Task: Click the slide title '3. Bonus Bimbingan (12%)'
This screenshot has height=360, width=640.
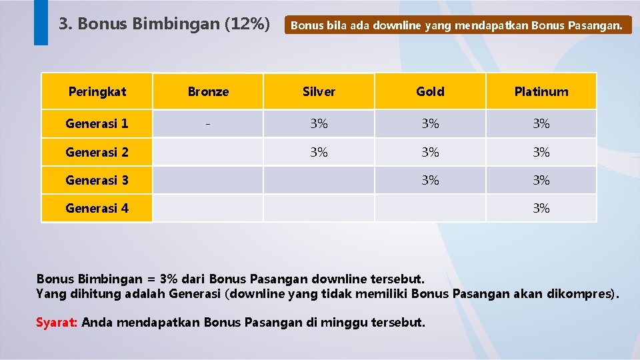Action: (x=164, y=25)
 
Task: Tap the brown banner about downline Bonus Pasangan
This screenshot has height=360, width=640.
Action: (x=457, y=26)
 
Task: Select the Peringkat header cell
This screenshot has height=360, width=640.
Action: (x=97, y=91)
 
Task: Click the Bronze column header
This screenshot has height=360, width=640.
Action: (x=208, y=91)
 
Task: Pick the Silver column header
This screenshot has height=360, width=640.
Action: (x=319, y=91)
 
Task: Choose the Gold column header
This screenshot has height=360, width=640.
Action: (x=430, y=91)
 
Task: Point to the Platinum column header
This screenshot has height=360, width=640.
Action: (x=541, y=91)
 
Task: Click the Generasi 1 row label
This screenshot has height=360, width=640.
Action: (x=97, y=123)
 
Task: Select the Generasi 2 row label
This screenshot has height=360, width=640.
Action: (x=97, y=152)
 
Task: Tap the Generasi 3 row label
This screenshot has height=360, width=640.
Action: (x=97, y=180)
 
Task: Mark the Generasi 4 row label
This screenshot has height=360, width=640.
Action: (x=97, y=208)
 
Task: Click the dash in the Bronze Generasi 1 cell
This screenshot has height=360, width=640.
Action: (x=208, y=123)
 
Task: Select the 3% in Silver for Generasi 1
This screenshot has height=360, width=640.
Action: (x=319, y=123)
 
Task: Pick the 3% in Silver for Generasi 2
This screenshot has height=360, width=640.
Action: (x=319, y=152)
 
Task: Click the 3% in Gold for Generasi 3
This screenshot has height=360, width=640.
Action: (x=430, y=180)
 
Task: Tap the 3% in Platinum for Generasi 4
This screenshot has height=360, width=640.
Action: (x=541, y=208)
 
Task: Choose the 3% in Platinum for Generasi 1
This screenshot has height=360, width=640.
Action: (x=541, y=123)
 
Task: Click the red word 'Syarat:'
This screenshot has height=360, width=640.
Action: (x=57, y=323)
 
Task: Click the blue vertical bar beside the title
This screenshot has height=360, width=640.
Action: (x=41, y=22)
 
